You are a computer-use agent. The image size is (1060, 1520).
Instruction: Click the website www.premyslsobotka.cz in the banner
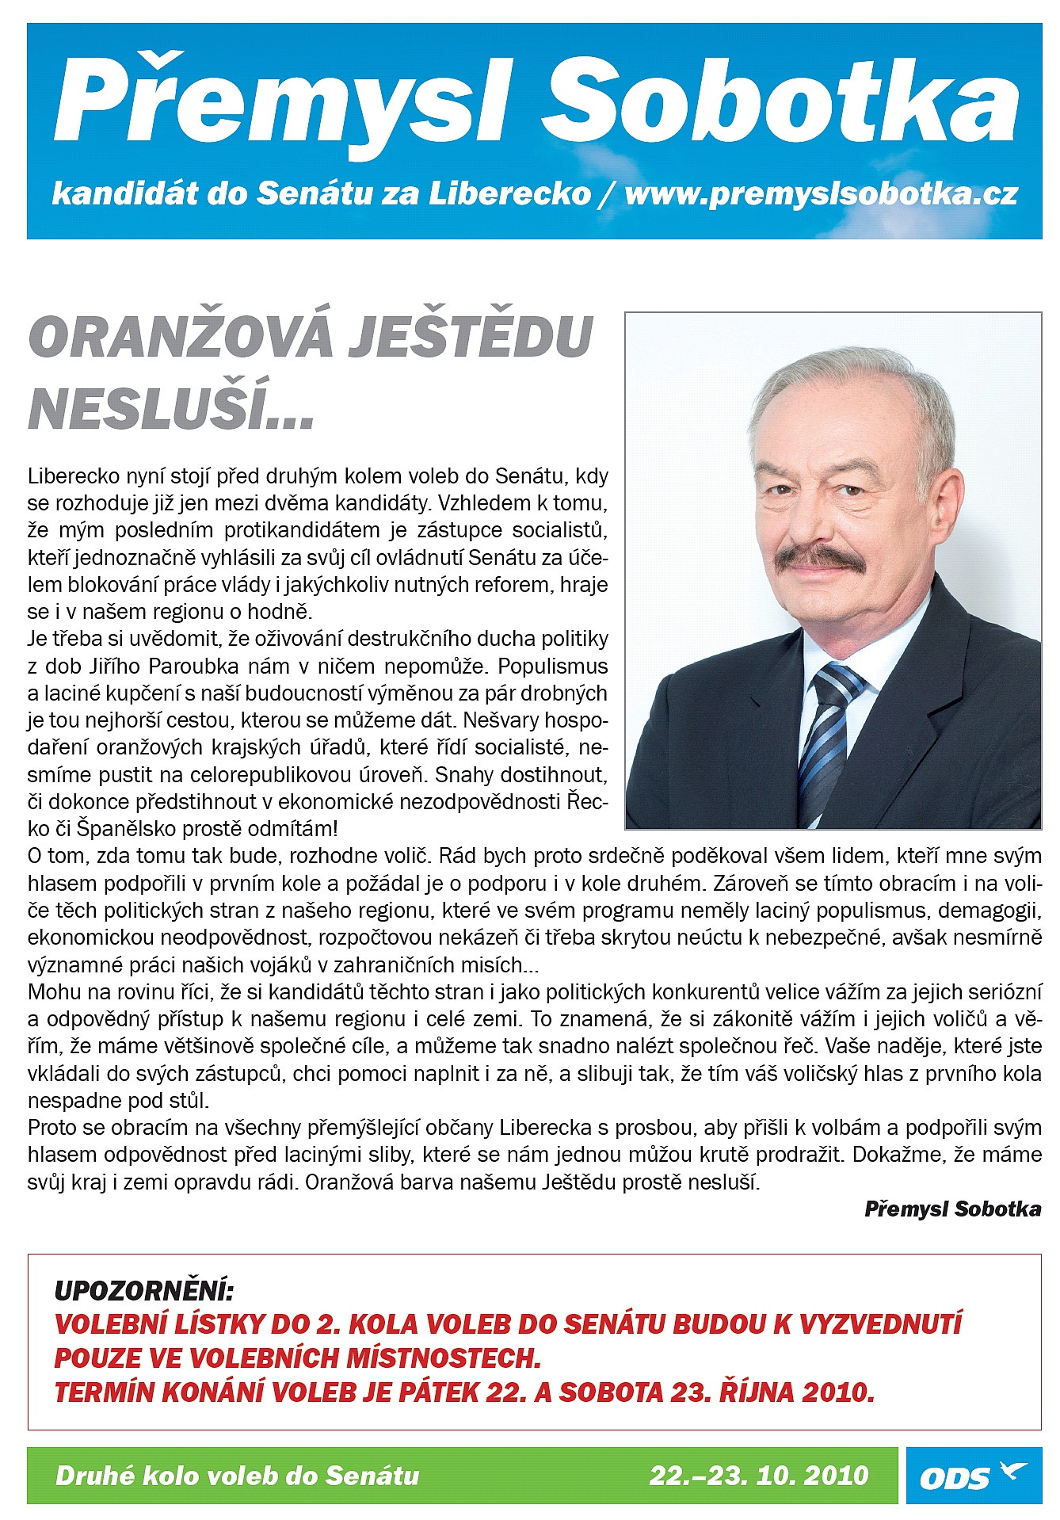(x=821, y=194)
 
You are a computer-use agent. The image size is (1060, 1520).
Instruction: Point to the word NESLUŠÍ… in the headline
(x=171, y=407)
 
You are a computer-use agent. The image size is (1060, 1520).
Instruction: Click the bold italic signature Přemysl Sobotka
(x=952, y=1209)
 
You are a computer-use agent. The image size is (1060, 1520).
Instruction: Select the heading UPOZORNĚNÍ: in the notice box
(x=143, y=1291)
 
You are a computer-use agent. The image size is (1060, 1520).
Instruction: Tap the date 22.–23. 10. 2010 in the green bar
(x=759, y=1476)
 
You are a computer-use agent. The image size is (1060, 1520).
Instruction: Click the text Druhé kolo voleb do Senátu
(x=238, y=1476)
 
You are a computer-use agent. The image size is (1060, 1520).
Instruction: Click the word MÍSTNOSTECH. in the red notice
(x=434, y=1358)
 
